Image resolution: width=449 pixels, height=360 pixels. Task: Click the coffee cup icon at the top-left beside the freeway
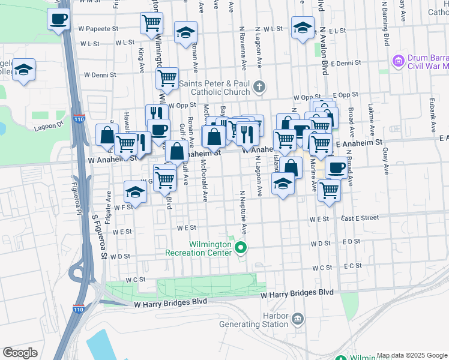(x=59, y=19)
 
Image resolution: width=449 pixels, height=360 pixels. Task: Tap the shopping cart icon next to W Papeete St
(x=151, y=23)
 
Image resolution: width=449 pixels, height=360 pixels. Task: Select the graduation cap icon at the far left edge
(x=24, y=70)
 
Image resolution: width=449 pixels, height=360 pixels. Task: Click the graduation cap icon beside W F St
(x=136, y=193)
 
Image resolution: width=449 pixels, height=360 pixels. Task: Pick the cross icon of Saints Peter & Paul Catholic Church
(x=259, y=87)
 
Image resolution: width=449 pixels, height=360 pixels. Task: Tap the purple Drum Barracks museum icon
(x=397, y=61)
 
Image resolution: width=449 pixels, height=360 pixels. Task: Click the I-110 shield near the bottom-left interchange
(x=79, y=310)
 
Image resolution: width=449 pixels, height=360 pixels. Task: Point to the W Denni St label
(x=101, y=75)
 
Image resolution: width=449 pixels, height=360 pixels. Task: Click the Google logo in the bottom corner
(x=20, y=353)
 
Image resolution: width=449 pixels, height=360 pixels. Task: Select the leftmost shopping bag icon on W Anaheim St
(x=107, y=134)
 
